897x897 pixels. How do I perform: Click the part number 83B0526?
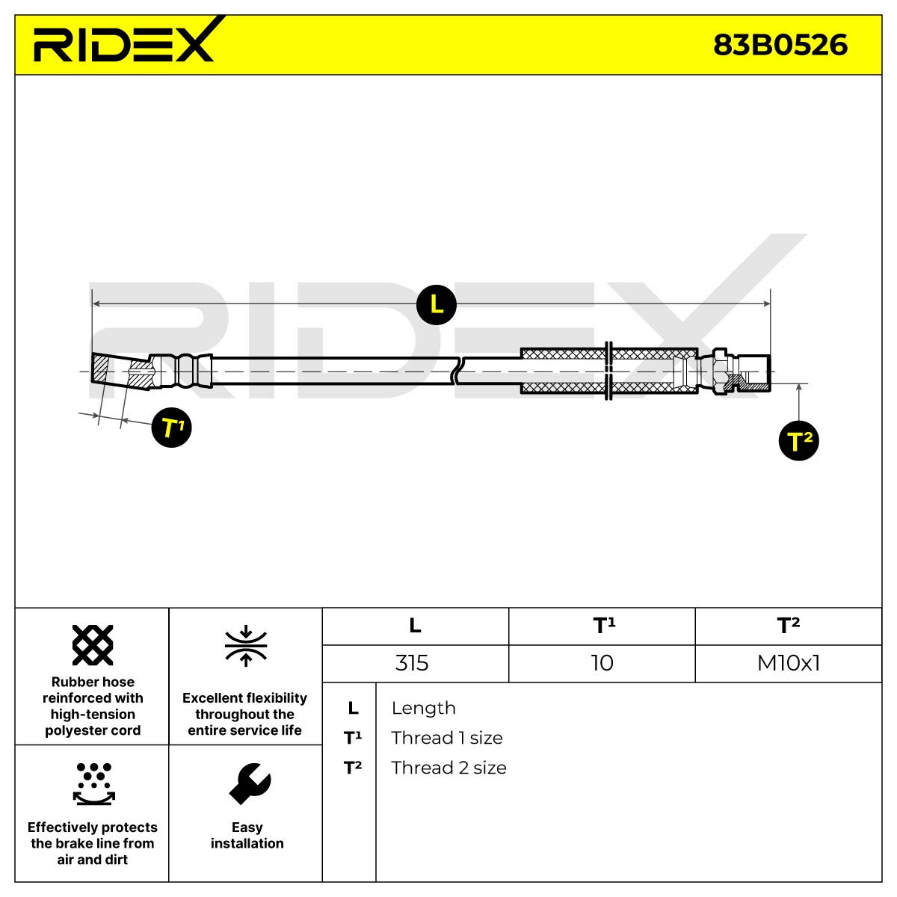pyautogui.click(x=780, y=45)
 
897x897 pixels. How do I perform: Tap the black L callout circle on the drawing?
pyautogui.click(x=436, y=304)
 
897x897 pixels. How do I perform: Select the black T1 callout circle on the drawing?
pyautogui.click(x=171, y=428)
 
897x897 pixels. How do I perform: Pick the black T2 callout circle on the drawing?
pyautogui.click(x=798, y=440)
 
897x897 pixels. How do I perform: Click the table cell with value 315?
pyautogui.click(x=411, y=663)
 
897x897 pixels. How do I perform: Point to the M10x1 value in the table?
pyautogui.click(x=788, y=663)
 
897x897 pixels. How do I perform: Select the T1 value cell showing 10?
pyautogui.click(x=602, y=663)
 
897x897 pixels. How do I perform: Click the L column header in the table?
pyautogui.click(x=415, y=626)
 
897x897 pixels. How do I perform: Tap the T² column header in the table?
pyautogui.click(x=788, y=625)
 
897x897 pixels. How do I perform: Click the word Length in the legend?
pyautogui.click(x=424, y=708)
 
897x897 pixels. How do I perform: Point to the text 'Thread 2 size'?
pyautogui.click(x=449, y=768)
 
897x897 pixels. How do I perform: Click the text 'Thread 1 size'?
pyautogui.click(x=447, y=738)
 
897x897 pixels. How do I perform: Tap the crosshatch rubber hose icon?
pyautogui.click(x=93, y=645)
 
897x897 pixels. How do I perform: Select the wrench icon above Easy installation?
pyautogui.click(x=250, y=784)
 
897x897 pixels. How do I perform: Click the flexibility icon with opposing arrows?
pyautogui.click(x=246, y=646)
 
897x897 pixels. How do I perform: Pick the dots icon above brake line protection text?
pyautogui.click(x=93, y=784)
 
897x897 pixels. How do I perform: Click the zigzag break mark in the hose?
pyautogui.click(x=457, y=371)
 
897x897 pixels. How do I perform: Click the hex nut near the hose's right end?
pyautogui.click(x=720, y=371)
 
